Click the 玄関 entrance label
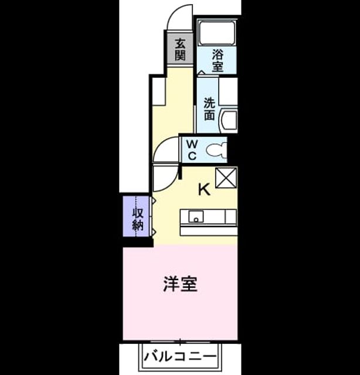click(180, 49)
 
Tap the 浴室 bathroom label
click(218, 60)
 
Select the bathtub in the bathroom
click(217, 33)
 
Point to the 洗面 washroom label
click(209, 109)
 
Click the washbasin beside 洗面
click(229, 121)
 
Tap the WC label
click(192, 150)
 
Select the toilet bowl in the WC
click(216, 150)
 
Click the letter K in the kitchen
click(204, 189)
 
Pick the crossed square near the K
click(226, 178)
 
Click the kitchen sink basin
click(196, 216)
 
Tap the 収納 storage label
click(138, 219)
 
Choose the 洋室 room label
click(180, 284)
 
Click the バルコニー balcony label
click(180, 356)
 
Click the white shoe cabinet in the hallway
click(158, 91)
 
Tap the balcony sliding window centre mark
click(180, 342)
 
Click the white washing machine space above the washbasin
click(228, 91)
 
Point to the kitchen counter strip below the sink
click(209, 231)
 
